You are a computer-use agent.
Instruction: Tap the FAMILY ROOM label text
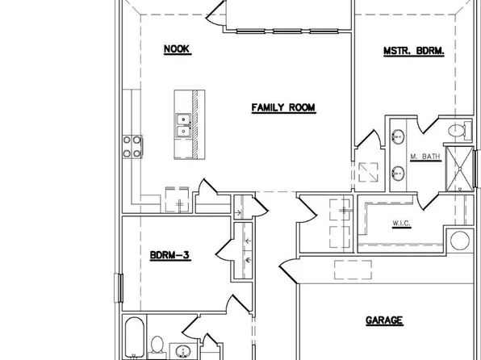click(282, 107)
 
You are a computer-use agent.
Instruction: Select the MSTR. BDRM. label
click(414, 51)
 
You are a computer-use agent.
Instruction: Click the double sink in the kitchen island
click(183, 124)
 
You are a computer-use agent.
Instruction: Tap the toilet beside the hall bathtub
click(159, 345)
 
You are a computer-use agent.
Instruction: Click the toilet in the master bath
click(458, 129)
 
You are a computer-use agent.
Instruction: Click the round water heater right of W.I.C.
click(460, 240)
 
